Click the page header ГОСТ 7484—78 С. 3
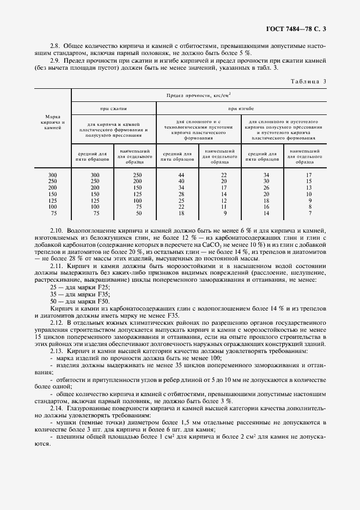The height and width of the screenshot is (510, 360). (x=298, y=28)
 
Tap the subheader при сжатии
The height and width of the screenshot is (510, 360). (x=113, y=109)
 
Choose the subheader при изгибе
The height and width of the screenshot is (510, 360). (x=241, y=109)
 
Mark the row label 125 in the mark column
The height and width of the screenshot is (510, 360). (x=52, y=200)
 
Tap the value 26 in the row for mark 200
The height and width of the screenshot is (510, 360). (x=266, y=187)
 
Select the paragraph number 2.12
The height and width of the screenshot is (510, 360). (x=57, y=323)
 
